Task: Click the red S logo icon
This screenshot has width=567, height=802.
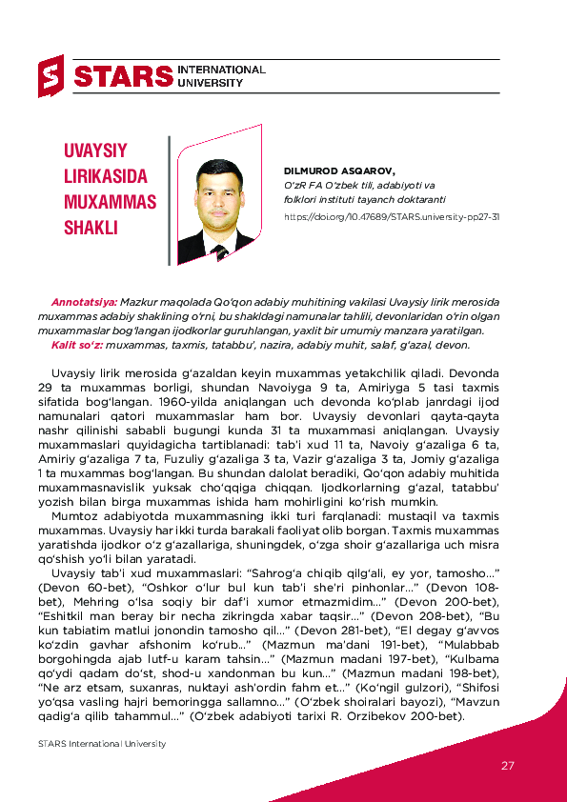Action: click(51, 76)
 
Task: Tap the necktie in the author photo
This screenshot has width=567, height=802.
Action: click(221, 251)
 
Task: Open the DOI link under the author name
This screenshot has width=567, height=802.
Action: click(392, 216)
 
